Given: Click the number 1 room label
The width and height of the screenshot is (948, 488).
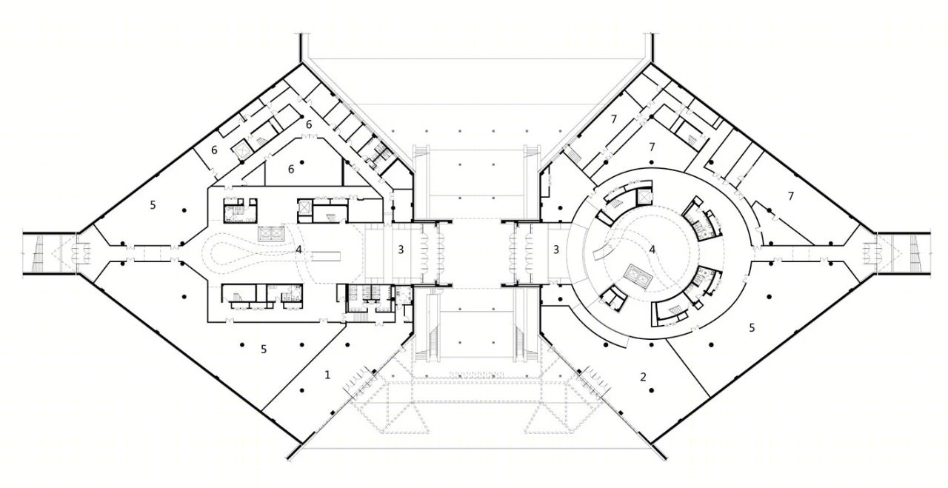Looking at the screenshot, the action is click(327, 375).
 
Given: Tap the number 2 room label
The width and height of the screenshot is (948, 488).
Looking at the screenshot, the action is click(644, 376).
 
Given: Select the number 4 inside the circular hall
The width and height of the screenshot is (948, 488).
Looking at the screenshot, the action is click(652, 250).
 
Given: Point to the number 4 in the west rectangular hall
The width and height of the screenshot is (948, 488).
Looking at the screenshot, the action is click(298, 250).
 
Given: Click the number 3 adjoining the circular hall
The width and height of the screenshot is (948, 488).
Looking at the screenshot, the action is click(556, 250).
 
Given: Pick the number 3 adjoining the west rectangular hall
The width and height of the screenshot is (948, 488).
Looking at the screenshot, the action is click(401, 250).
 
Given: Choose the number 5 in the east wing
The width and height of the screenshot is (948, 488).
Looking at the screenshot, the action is click(752, 327).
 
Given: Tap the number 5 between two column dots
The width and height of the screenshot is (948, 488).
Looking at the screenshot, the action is click(264, 350).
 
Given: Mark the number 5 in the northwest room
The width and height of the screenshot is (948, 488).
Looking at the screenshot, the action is click(153, 205).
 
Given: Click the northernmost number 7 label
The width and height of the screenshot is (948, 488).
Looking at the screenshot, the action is click(614, 119).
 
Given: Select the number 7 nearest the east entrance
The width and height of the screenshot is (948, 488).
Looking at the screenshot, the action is click(790, 196).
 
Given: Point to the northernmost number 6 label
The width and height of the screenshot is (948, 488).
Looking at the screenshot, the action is click(309, 124).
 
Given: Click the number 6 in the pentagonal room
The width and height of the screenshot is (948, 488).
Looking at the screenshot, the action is click(291, 170).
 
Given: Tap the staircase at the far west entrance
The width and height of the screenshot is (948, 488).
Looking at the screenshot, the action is click(38, 253).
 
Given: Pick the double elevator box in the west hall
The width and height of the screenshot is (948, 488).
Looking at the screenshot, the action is click(271, 234).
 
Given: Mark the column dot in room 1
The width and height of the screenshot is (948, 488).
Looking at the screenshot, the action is click(301, 390).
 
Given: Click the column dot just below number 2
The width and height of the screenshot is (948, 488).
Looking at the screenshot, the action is click(652, 390).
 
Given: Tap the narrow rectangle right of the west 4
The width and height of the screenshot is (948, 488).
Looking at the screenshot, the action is click(327, 255).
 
